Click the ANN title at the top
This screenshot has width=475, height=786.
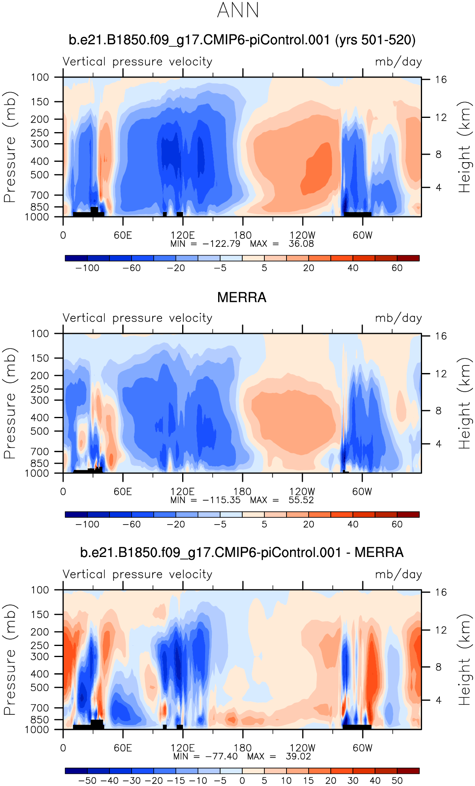[238, 10]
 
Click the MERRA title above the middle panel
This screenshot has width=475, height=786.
[241, 297]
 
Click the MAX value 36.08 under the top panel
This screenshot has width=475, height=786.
[301, 244]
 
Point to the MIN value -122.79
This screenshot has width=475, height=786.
[221, 244]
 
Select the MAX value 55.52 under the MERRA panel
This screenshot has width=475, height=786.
[301, 500]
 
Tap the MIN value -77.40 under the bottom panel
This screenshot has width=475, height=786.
[221, 756]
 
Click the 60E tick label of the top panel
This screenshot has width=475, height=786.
[123, 235]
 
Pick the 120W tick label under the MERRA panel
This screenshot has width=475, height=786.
[302, 492]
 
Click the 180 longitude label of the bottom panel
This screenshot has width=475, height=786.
[242, 748]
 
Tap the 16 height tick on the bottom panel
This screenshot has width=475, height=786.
[441, 592]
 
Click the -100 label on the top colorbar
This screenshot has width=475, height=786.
[87, 268]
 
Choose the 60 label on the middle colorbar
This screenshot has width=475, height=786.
[397, 524]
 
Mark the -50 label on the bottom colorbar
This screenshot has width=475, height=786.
[87, 780]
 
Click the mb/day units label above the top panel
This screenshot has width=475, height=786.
[398, 62]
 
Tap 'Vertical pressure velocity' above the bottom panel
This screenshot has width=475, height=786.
[138, 574]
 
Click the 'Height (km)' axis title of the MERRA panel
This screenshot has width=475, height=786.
[465, 403]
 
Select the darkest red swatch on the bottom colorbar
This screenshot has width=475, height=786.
[408, 771]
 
